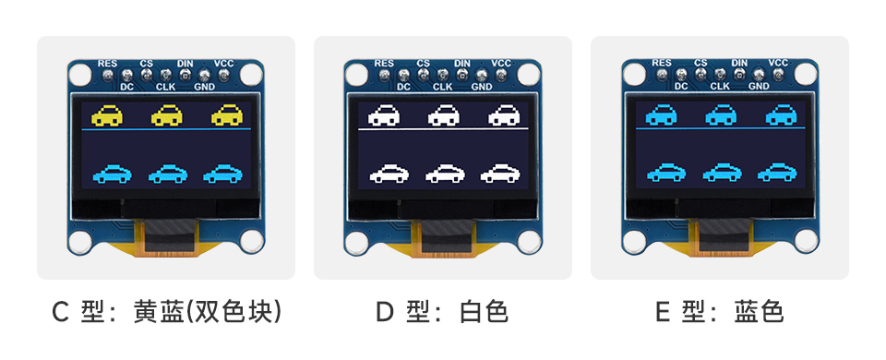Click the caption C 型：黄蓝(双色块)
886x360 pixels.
(166, 312)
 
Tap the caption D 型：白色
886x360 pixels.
(442, 312)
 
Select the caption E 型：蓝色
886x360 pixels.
(719, 312)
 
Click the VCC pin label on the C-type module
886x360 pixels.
(224, 63)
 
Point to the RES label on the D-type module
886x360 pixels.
(385, 63)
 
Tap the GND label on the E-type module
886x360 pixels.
(759, 86)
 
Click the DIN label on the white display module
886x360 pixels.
(462, 63)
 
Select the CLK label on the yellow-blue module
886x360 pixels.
(166, 86)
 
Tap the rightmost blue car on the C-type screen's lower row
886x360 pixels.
(223, 173)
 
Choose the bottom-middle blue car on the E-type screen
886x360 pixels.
(722, 173)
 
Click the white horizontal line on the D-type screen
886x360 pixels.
(443, 131)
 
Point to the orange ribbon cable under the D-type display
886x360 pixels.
(443, 239)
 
